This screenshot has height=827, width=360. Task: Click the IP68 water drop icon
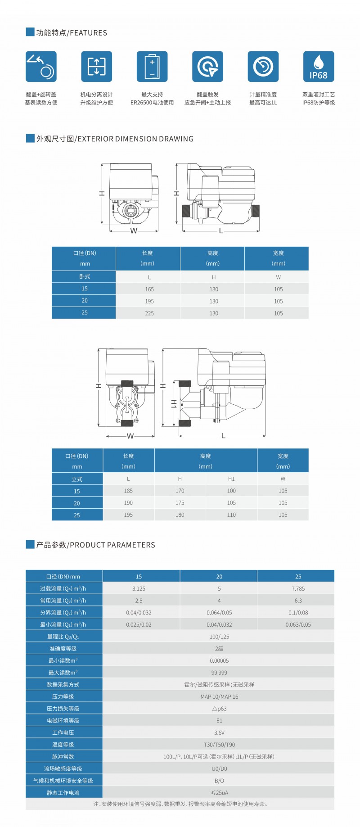(319, 67)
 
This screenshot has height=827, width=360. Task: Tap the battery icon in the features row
(152, 67)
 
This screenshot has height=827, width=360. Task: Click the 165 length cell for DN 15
(149, 289)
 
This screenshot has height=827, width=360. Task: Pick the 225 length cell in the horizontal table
(149, 313)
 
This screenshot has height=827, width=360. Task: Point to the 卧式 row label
(85, 277)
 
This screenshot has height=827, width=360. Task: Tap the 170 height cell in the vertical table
(180, 491)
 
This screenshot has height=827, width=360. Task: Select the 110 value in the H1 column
(231, 515)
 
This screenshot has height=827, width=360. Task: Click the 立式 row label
(77, 479)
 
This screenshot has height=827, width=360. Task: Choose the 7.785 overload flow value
(298, 588)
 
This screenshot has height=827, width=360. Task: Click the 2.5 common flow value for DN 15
(139, 601)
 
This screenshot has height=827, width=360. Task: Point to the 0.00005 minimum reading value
(219, 660)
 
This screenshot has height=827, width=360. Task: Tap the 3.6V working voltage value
(219, 732)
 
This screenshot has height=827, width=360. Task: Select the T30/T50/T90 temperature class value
(219, 745)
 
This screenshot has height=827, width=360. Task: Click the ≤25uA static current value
(219, 792)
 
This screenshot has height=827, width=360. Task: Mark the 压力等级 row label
(63, 696)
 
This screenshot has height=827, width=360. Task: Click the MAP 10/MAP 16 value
(219, 696)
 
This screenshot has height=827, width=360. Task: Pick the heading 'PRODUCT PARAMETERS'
(95, 545)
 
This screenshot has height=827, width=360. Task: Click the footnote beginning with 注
(180, 804)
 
